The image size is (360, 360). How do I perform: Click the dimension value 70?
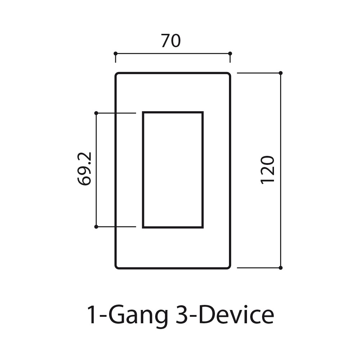pos(171,41)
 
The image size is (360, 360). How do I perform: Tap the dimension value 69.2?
pos(85,168)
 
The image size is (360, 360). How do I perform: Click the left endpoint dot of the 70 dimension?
pos(116,54)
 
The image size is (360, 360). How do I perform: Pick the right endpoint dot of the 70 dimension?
pos(230,54)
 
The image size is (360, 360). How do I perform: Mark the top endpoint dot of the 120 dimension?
pos(281,73)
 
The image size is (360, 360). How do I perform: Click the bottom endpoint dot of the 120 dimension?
pos(281,268)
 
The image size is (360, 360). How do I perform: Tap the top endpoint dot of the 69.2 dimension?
pos(96,113)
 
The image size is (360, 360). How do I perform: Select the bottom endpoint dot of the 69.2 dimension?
pos(96,227)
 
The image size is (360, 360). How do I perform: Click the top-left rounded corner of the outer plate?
pos(117,75)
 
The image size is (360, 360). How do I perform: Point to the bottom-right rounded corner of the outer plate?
pos(229,267)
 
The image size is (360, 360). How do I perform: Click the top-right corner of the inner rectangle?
pos(202,113)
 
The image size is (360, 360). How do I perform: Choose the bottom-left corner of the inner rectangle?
pos(143,227)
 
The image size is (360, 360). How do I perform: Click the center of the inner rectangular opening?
pos(173,170)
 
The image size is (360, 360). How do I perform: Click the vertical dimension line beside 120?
pos(281,216)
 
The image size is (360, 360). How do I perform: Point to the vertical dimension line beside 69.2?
pos(96,202)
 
